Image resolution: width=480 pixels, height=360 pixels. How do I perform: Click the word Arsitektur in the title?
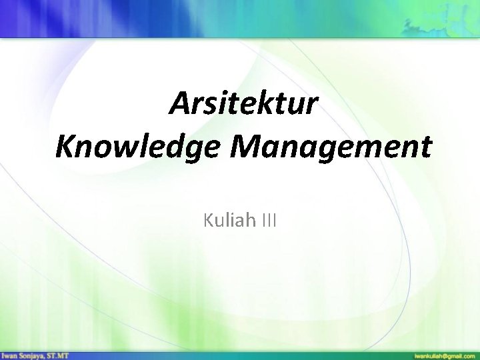(x=244, y=105)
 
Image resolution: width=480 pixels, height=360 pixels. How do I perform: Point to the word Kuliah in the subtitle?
(x=227, y=219)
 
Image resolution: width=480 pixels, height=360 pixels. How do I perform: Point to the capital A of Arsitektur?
(x=179, y=105)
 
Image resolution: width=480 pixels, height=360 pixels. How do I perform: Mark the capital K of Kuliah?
(x=209, y=219)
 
